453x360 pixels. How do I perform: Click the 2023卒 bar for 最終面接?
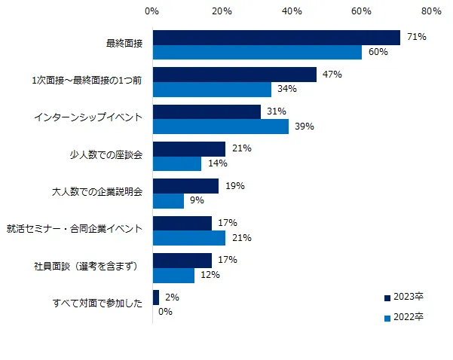(276, 38)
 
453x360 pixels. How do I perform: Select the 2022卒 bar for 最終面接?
(257, 52)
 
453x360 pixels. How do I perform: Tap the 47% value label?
(332, 75)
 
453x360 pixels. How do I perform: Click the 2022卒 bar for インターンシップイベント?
(220, 127)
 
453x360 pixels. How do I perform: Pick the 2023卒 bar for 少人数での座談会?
(189, 148)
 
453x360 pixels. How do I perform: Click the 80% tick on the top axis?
(432, 11)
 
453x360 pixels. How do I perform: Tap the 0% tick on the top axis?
(152, 11)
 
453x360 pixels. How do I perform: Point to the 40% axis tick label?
(292, 11)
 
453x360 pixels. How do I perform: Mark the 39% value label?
(304, 127)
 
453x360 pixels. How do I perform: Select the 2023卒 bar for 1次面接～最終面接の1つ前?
(234, 75)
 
